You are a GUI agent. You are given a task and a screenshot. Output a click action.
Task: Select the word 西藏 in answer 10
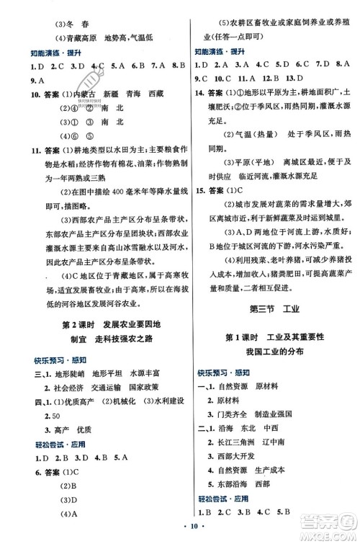point(154,94)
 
